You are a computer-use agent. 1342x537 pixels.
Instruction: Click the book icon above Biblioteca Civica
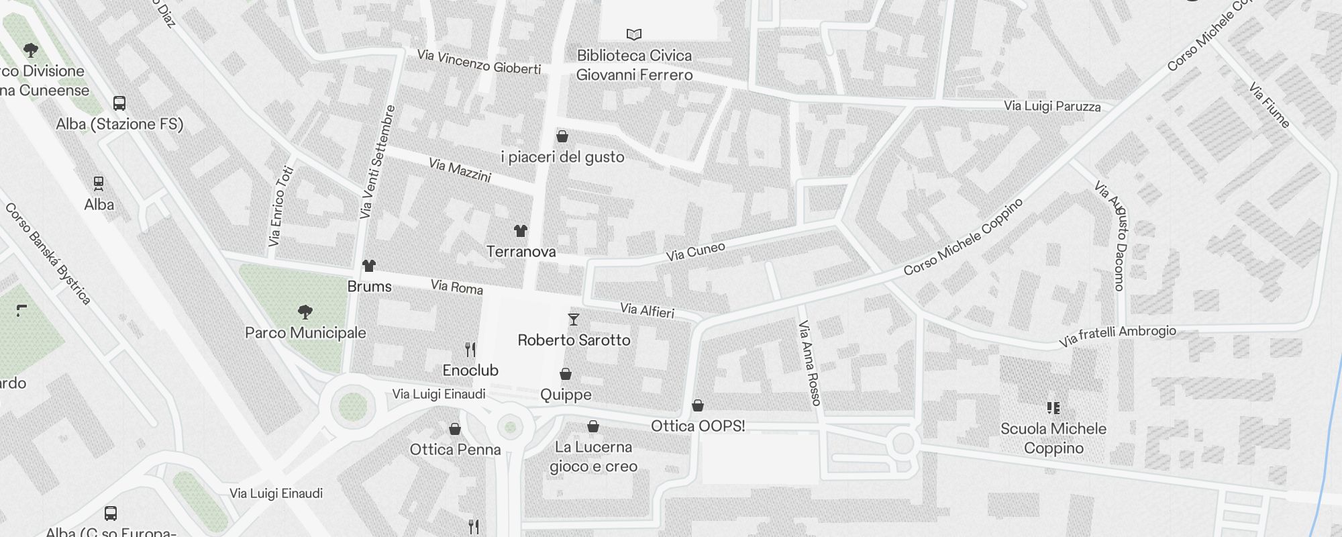[634, 34]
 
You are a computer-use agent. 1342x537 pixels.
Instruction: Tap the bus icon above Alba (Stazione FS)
[119, 103]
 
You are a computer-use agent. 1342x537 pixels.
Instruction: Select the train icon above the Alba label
[99, 183]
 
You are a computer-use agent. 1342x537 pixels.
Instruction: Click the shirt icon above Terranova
[521, 231]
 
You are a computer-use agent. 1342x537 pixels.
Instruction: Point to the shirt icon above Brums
[369, 266]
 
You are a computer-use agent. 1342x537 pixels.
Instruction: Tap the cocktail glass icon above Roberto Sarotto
[574, 319]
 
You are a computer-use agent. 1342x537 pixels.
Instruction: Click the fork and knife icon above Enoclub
[470, 349]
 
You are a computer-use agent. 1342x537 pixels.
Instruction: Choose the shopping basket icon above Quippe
[566, 374]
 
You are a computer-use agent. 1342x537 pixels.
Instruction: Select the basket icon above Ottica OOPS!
[698, 405]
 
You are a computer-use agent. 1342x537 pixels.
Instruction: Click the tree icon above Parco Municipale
[305, 311]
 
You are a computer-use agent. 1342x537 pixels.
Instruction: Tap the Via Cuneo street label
[695, 251]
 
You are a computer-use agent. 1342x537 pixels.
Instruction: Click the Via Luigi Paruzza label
[1052, 106]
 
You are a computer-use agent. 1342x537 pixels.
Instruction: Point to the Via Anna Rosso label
[809, 362]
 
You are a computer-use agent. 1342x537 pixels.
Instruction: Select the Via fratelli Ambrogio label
[1117, 335]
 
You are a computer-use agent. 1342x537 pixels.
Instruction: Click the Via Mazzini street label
[460, 170]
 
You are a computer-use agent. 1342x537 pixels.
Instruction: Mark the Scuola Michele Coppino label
[1053, 438]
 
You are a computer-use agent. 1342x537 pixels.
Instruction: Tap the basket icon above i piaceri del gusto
[562, 136]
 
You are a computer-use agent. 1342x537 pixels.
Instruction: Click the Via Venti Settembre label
[377, 162]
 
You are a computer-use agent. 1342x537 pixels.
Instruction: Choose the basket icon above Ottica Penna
[455, 429]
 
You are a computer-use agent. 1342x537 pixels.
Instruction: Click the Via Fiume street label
[1270, 105]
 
